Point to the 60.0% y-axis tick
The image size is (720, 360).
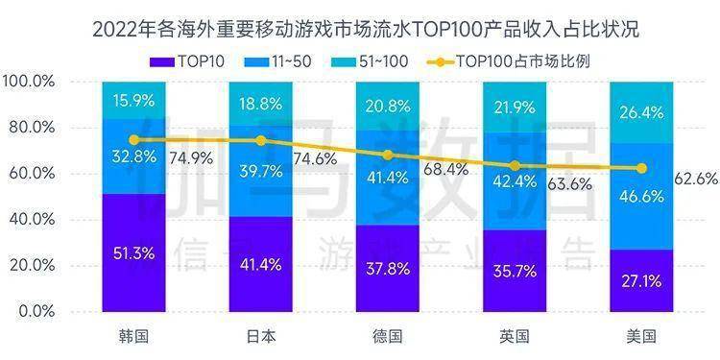click(x=34, y=174)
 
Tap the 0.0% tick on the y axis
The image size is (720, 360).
click(x=37, y=312)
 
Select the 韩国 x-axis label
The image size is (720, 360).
click(x=133, y=336)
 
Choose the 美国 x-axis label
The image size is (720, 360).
click(x=640, y=336)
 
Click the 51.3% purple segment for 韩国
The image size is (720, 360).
click(x=133, y=253)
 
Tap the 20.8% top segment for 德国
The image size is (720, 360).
click(x=387, y=106)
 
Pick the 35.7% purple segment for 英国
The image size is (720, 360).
click(x=514, y=271)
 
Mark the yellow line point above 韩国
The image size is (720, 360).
click(x=133, y=139)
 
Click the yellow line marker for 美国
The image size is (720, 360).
click(x=640, y=168)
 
